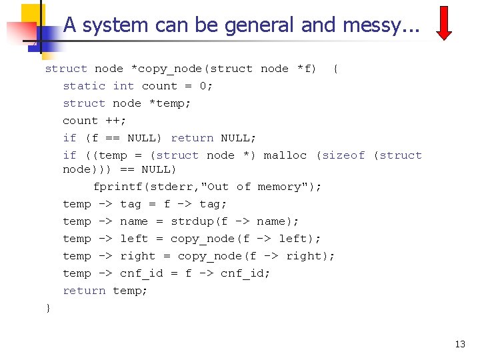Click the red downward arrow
click(x=445, y=23)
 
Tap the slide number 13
click(x=460, y=344)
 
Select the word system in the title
click(x=114, y=25)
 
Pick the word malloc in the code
click(x=285, y=155)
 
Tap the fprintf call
click(x=117, y=187)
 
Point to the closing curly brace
click(x=48, y=307)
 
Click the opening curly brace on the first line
click(x=335, y=69)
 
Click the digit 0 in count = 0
click(x=203, y=86)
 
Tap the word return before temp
click(x=84, y=291)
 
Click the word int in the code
click(x=123, y=86)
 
